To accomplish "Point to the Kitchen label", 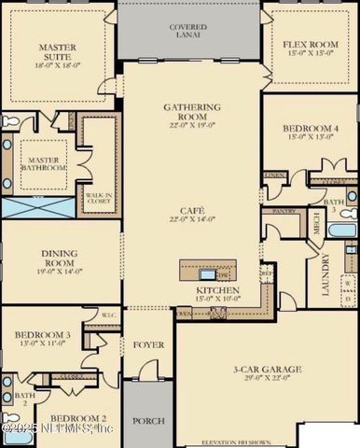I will pos(217,291).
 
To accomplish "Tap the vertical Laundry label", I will pos(325,274).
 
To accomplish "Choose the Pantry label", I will pos(284,212).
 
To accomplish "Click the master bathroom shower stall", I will pos(34,208).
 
